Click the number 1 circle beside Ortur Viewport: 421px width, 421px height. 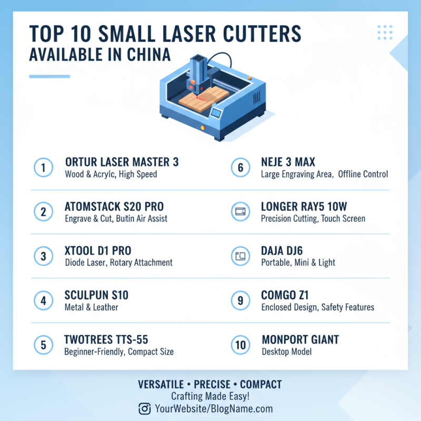(x=43, y=168)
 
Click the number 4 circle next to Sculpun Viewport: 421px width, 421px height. (x=43, y=300)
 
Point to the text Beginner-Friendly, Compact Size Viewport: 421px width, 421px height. (x=119, y=352)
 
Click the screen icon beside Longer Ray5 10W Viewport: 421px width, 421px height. (x=240, y=212)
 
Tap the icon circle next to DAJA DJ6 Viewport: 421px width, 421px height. (x=240, y=256)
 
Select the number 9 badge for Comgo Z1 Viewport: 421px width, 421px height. (x=240, y=300)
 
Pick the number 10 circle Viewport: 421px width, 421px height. (x=240, y=345)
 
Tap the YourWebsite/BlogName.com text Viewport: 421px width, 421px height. (x=214, y=408)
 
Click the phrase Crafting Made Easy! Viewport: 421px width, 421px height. (x=210, y=397)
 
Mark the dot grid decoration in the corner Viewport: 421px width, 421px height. (x=385, y=32)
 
